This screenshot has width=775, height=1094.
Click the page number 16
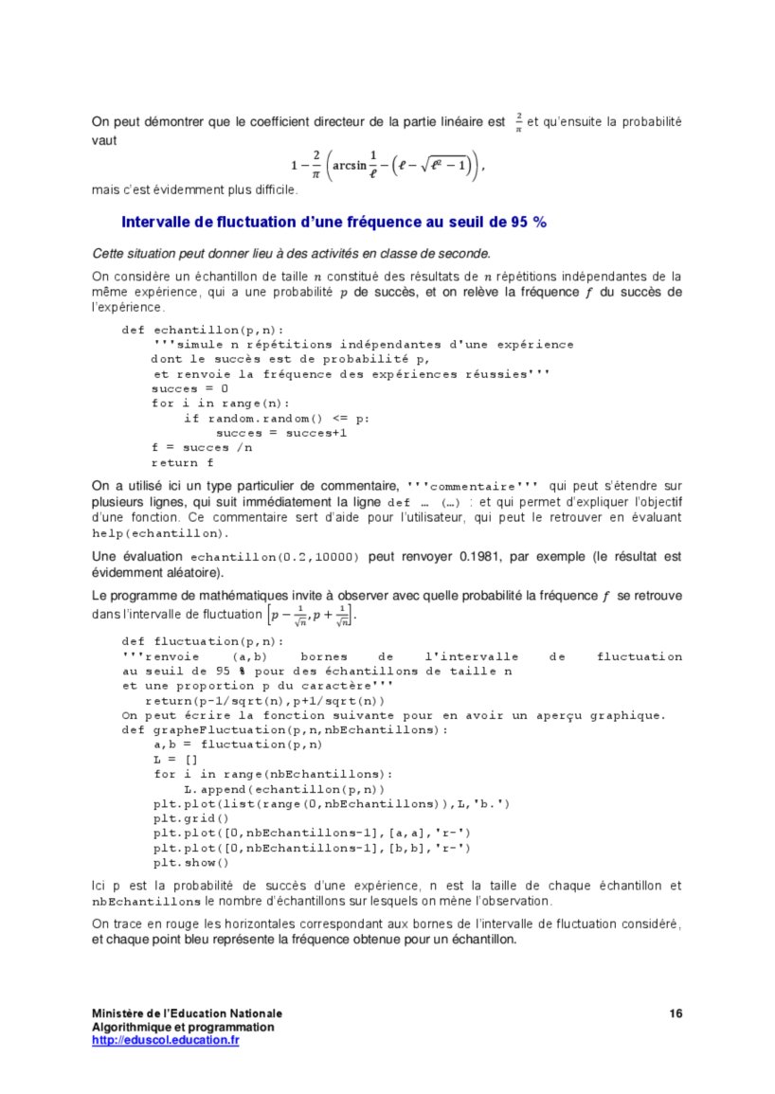coord(675,1014)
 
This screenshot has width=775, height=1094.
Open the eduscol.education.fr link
coord(165,1040)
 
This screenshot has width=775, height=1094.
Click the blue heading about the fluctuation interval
coord(333,223)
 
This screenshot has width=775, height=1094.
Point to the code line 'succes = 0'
coord(189,389)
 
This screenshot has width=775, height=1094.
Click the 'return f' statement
coord(182,463)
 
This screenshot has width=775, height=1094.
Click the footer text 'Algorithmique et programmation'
coord(183,1028)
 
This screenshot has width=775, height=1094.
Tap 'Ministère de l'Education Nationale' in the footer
coord(187,1014)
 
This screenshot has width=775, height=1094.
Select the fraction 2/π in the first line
coord(518,122)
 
